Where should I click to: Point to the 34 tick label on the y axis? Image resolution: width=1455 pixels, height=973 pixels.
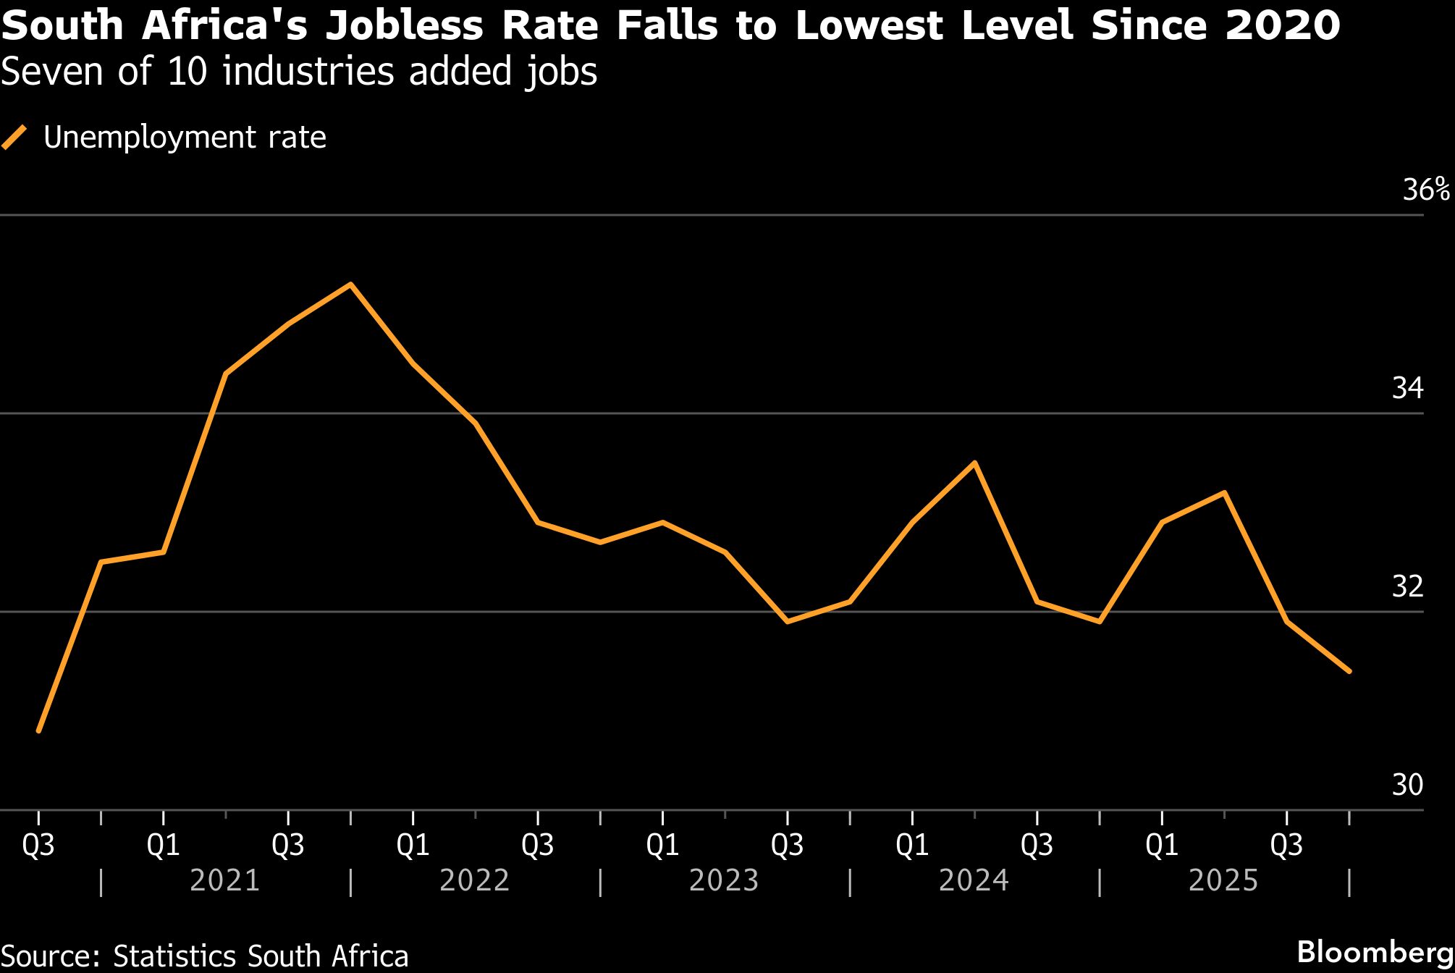click(1407, 388)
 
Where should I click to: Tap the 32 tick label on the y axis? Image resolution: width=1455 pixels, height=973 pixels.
click(1407, 586)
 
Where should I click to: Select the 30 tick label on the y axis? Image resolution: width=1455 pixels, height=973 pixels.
click(1407, 785)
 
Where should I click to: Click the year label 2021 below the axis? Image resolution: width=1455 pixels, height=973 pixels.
click(224, 880)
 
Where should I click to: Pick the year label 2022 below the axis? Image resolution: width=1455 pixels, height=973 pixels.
click(475, 880)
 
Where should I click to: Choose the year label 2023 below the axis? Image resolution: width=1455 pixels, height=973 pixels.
click(724, 880)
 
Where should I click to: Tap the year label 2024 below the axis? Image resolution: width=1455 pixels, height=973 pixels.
click(974, 880)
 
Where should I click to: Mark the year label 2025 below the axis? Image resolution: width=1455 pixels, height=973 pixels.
click(1223, 880)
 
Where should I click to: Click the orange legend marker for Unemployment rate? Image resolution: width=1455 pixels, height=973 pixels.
click(14, 137)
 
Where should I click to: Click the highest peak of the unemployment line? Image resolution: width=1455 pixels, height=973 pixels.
click(350, 285)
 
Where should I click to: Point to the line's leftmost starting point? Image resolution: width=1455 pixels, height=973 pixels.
click(38, 730)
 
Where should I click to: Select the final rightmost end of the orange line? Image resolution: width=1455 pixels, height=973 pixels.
click(1349, 671)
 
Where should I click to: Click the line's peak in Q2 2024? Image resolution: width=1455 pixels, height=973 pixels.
click(975, 463)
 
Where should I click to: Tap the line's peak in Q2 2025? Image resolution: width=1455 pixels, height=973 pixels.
click(1224, 493)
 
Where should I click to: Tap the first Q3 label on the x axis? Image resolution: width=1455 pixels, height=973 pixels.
click(38, 845)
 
